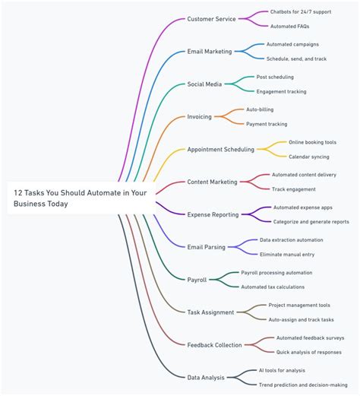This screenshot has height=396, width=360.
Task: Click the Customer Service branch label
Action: click(211, 19)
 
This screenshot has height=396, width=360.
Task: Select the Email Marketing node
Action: click(210, 52)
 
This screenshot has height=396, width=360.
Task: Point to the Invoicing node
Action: click(199, 117)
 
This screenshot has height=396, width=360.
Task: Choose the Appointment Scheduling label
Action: click(220, 150)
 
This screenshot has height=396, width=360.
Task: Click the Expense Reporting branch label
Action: click(213, 215)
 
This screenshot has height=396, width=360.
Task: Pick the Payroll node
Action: click(197, 280)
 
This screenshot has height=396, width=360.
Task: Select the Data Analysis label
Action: click(207, 377)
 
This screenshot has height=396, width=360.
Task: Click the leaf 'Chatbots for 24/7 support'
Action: click(301, 12)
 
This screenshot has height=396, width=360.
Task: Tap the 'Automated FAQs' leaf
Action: click(289, 27)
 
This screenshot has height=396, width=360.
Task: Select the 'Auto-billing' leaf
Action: click(260, 109)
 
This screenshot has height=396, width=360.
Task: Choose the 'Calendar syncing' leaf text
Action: click(308, 157)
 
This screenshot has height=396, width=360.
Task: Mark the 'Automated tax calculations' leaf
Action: click(273, 287)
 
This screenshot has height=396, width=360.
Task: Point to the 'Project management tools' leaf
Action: click(298, 305)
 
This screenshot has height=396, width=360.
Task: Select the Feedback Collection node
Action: click(215, 345)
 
